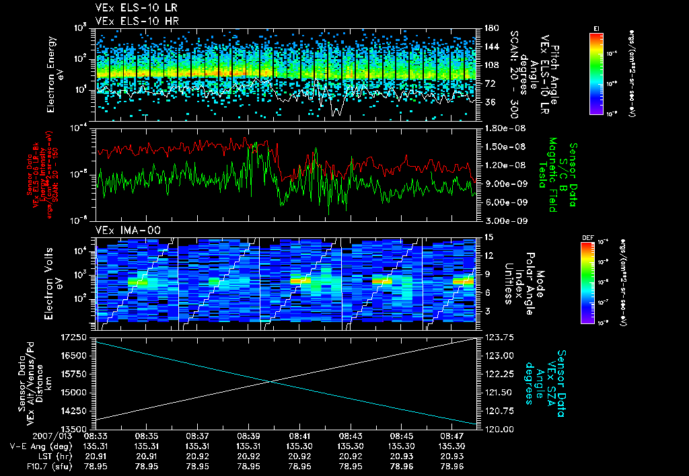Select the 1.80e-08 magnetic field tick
point(501,128)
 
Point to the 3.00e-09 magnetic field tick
point(501,221)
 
